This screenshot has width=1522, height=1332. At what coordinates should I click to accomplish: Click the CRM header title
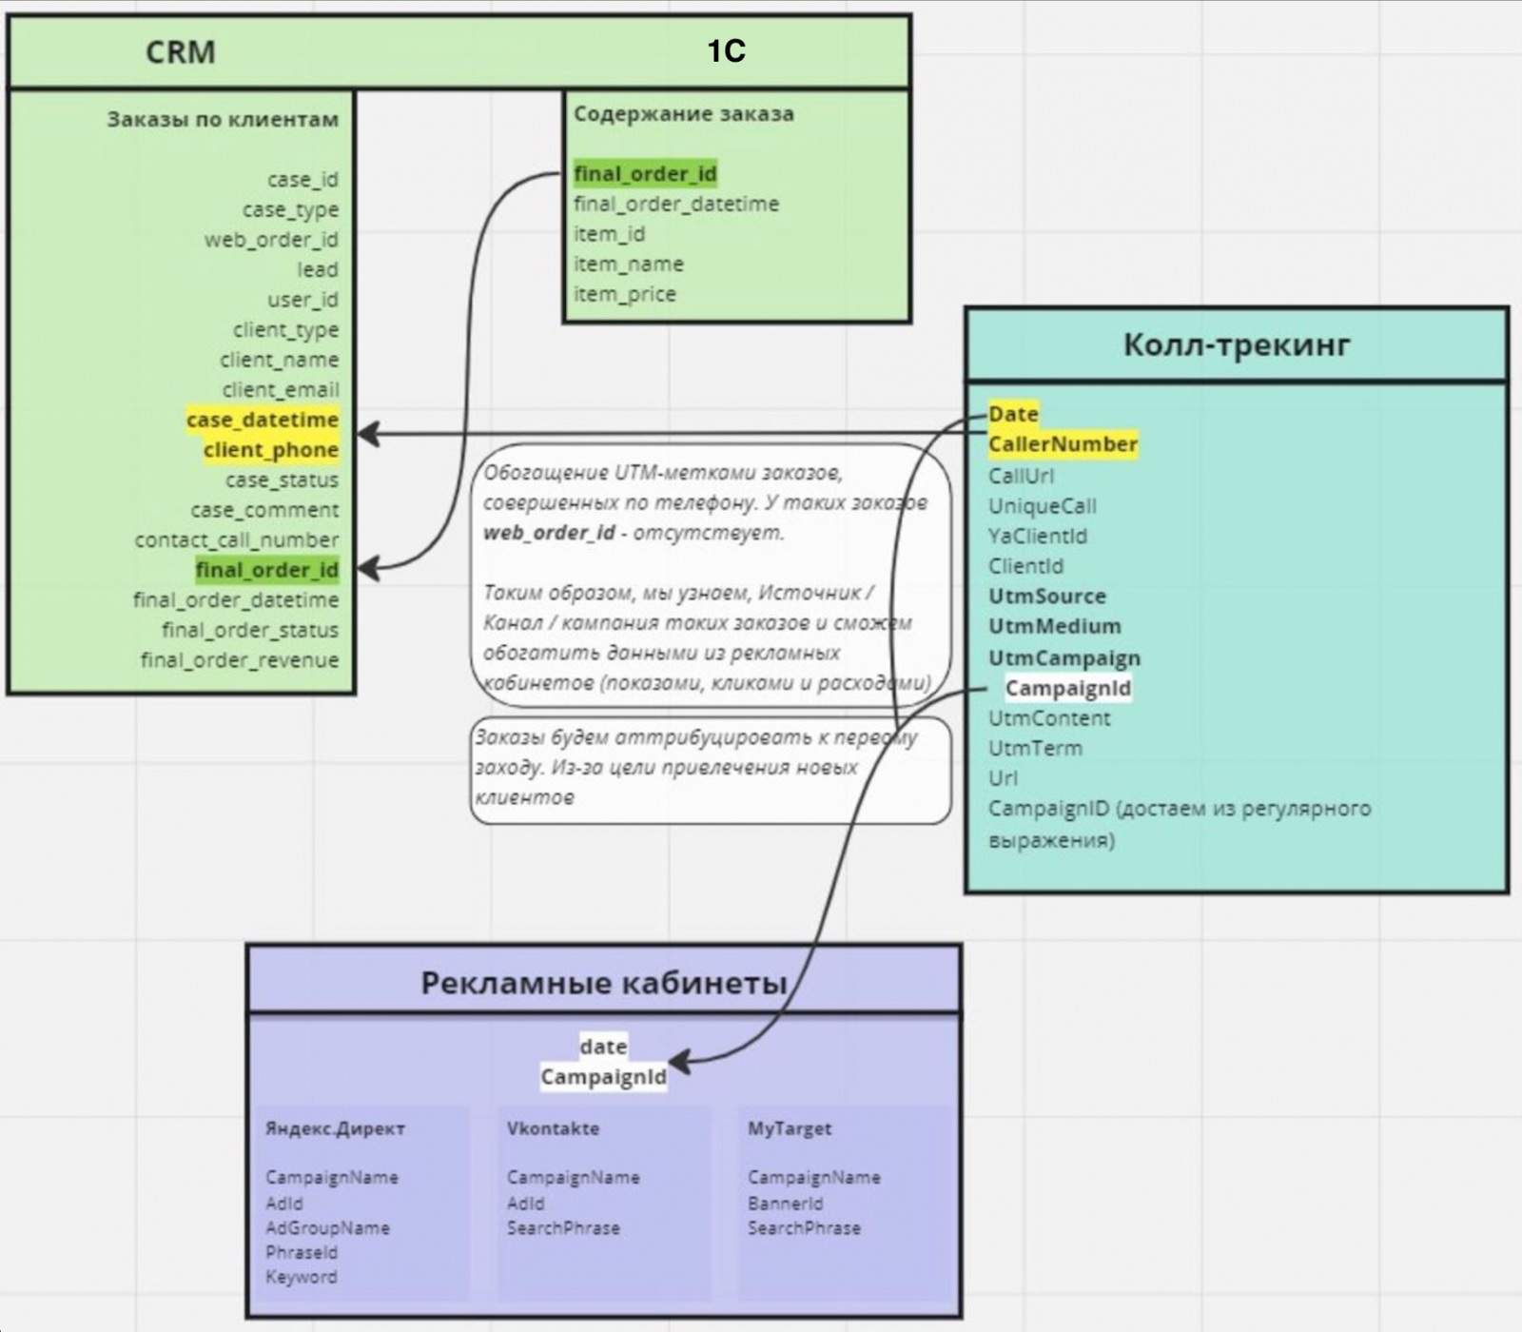(181, 51)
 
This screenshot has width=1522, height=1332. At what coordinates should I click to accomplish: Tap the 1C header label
(726, 50)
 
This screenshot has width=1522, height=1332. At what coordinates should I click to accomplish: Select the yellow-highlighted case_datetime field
(263, 420)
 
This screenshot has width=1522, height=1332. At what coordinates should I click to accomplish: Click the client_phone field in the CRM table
(271, 450)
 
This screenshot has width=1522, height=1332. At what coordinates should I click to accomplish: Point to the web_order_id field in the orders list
(271, 240)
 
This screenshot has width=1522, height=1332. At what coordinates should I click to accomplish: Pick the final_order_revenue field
(240, 660)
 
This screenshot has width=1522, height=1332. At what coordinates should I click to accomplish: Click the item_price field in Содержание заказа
(625, 294)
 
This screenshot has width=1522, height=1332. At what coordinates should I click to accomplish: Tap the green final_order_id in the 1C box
(645, 174)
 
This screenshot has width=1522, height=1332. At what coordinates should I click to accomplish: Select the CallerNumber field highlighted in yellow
(1063, 444)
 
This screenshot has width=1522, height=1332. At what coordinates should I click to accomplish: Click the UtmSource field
(1047, 597)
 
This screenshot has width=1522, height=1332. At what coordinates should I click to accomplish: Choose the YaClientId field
(1038, 536)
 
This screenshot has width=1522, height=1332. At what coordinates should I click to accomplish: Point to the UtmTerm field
(1035, 749)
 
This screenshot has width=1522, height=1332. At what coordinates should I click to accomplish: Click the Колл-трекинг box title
(1237, 344)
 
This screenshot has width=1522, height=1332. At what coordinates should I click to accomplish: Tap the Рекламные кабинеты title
(604, 982)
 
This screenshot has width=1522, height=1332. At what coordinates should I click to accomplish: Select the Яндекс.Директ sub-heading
(335, 1128)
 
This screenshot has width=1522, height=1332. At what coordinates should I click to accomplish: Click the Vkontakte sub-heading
(553, 1128)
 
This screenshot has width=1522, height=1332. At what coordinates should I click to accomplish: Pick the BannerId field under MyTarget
(786, 1204)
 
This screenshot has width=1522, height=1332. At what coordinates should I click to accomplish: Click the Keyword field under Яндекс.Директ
(302, 1277)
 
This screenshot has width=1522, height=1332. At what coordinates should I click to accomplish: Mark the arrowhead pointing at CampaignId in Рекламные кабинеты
(678, 1063)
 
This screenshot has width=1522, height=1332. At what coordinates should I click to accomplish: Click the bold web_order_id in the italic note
(549, 533)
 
